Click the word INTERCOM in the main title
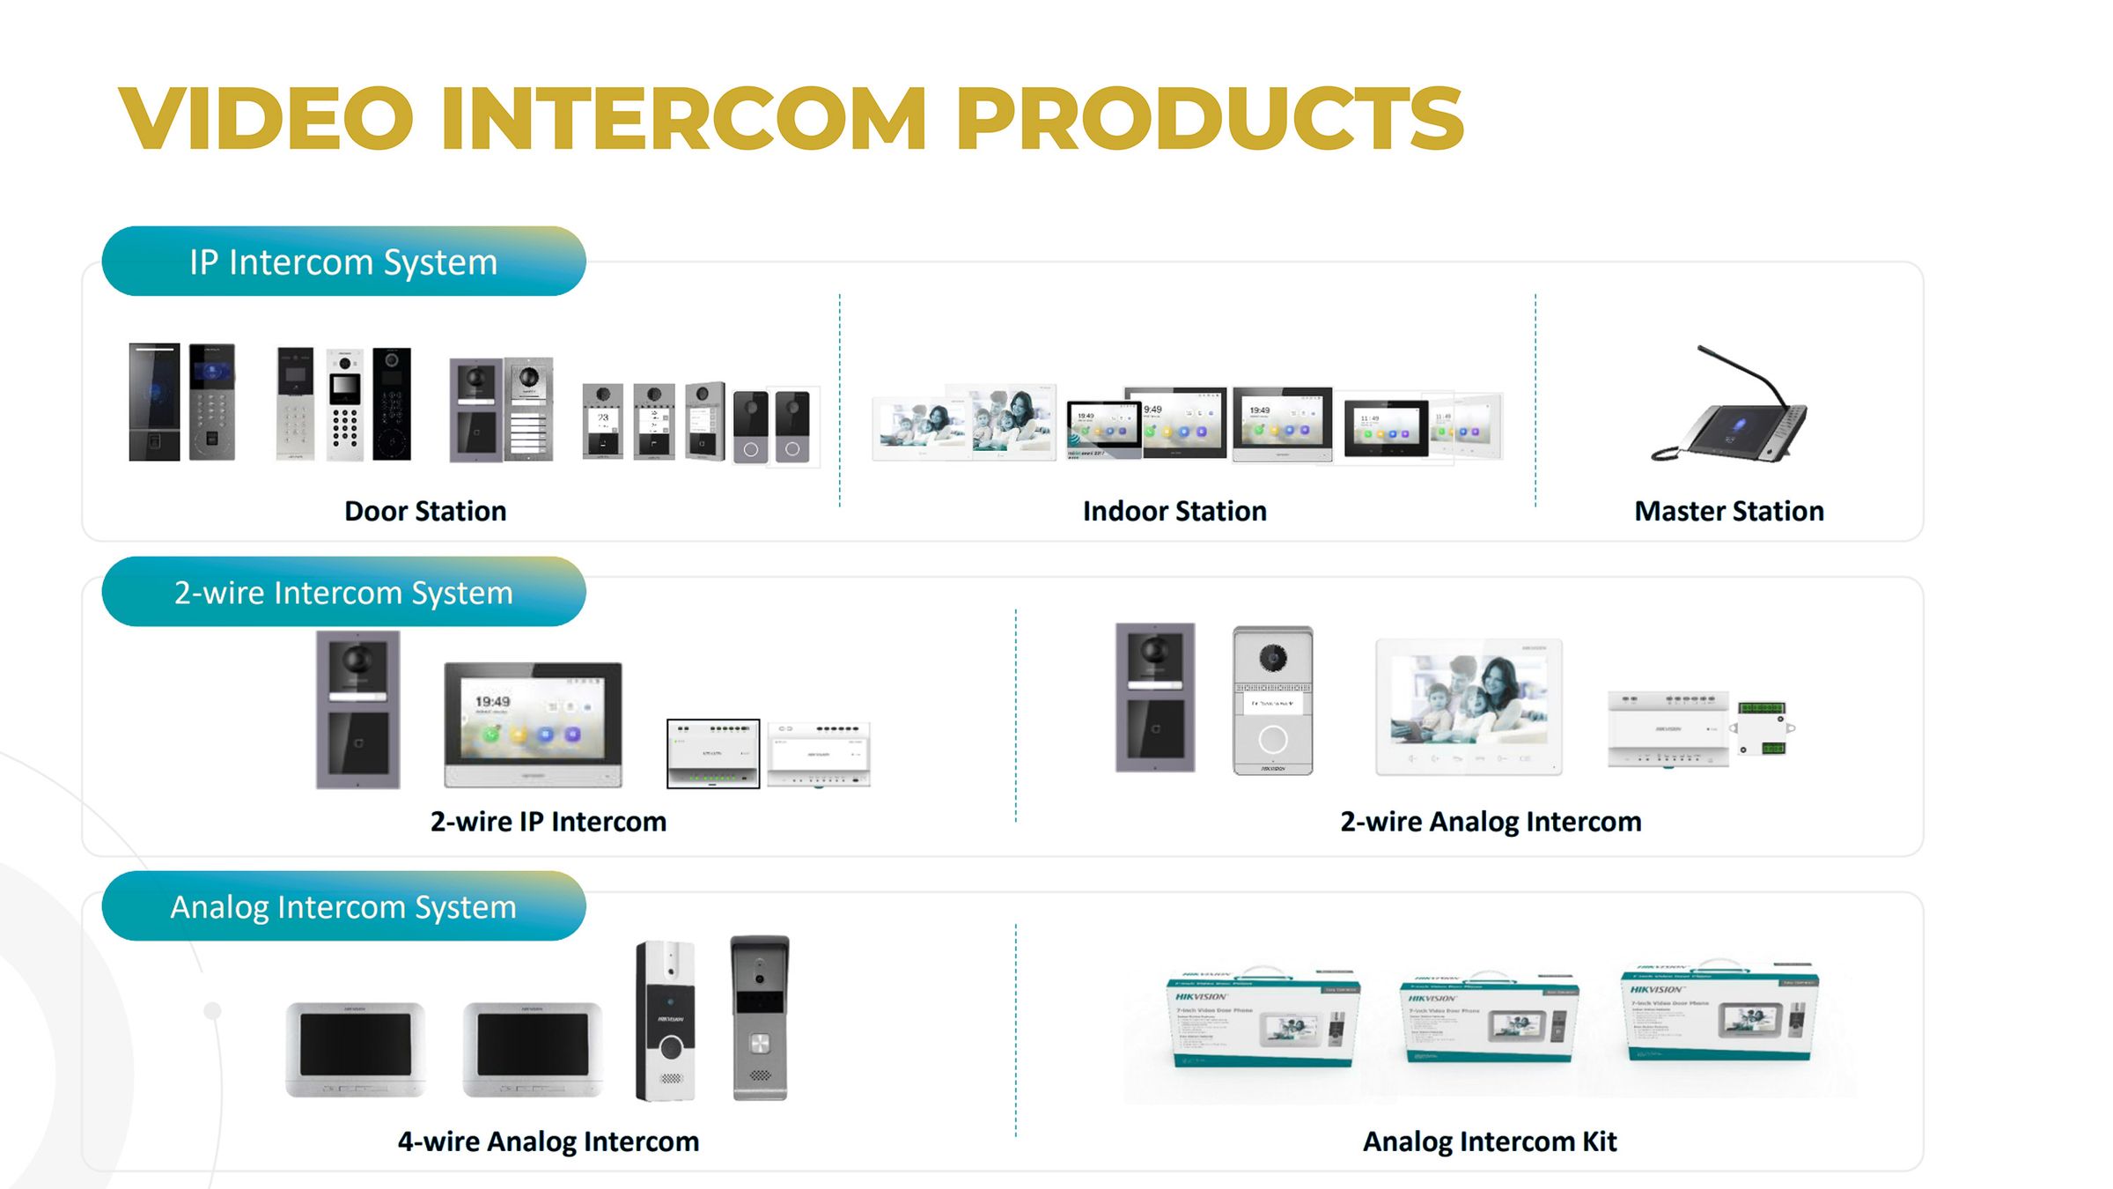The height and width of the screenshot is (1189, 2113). click(683, 118)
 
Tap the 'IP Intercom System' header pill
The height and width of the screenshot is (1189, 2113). click(343, 262)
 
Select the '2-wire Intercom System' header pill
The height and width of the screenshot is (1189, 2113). click(343, 592)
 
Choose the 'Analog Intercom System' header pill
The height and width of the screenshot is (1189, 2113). click(343, 906)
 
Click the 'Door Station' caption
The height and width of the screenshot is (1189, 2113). click(425, 511)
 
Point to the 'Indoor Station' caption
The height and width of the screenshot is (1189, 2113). click(1174, 511)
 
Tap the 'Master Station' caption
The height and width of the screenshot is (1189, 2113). click(1728, 511)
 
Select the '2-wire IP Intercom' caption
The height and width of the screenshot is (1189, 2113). click(548, 821)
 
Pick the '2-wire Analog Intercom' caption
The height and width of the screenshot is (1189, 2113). click(1491, 821)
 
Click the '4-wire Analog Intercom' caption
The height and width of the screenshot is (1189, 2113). click(548, 1141)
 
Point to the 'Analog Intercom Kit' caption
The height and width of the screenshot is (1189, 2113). click(1490, 1141)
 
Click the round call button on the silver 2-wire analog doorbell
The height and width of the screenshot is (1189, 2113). click(1272, 739)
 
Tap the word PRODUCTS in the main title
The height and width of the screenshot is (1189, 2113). click(1210, 118)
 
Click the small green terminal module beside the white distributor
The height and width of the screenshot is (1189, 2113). click(1763, 729)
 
